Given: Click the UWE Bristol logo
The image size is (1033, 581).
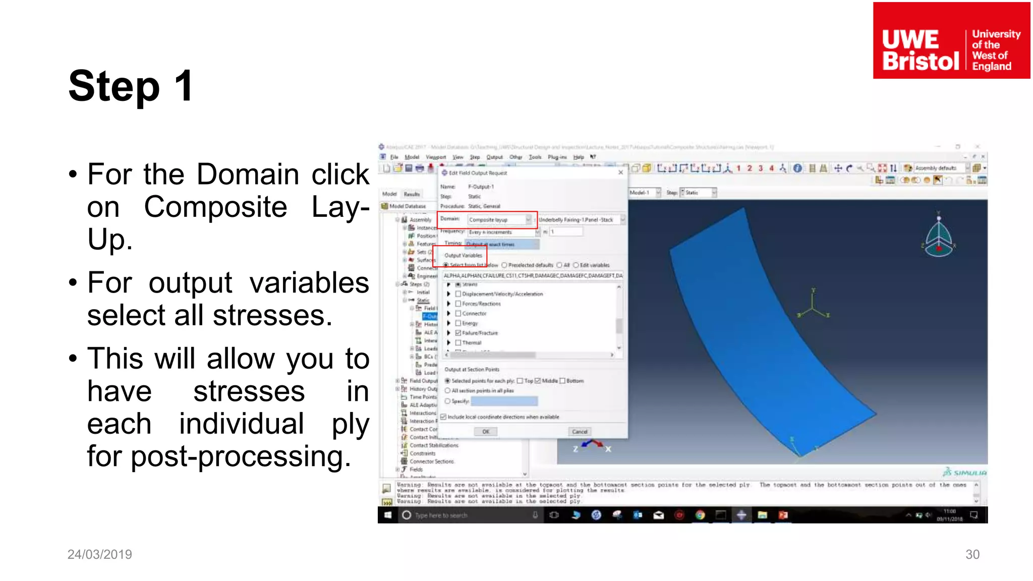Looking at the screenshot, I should pos(951,40).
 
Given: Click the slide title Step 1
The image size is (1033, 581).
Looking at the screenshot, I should pos(131,86).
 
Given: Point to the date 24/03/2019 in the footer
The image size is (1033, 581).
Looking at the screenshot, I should pos(99,554).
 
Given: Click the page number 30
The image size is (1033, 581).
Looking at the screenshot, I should pos(972,554).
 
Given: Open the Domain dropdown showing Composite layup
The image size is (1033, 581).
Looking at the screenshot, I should pos(528,219).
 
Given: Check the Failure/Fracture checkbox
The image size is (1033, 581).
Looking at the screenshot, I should pos(458,333).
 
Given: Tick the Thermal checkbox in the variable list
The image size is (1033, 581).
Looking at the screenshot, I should pos(458,343).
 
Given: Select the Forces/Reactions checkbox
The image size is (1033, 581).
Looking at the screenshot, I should pos(458,304).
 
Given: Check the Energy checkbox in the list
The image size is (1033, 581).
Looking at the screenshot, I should pos(458,323).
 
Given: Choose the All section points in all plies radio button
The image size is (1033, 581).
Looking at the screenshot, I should pos(447,391).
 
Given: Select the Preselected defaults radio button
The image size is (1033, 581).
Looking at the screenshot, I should pos(504,265).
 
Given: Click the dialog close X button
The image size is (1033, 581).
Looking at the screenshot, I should pos(620,172).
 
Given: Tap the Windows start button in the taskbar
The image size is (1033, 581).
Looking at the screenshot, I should pos(388,515).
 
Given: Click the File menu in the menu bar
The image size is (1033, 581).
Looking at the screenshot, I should pos(394,157).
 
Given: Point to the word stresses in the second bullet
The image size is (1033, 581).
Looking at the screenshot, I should pos(272,316).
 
